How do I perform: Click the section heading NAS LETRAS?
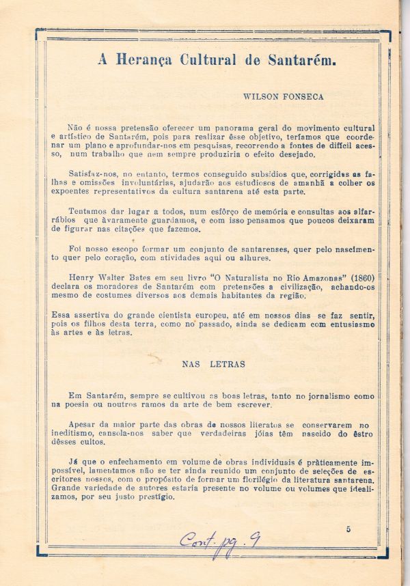click(x=213, y=364)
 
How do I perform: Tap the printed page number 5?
click(x=348, y=529)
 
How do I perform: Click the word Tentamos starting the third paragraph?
click(x=87, y=212)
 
